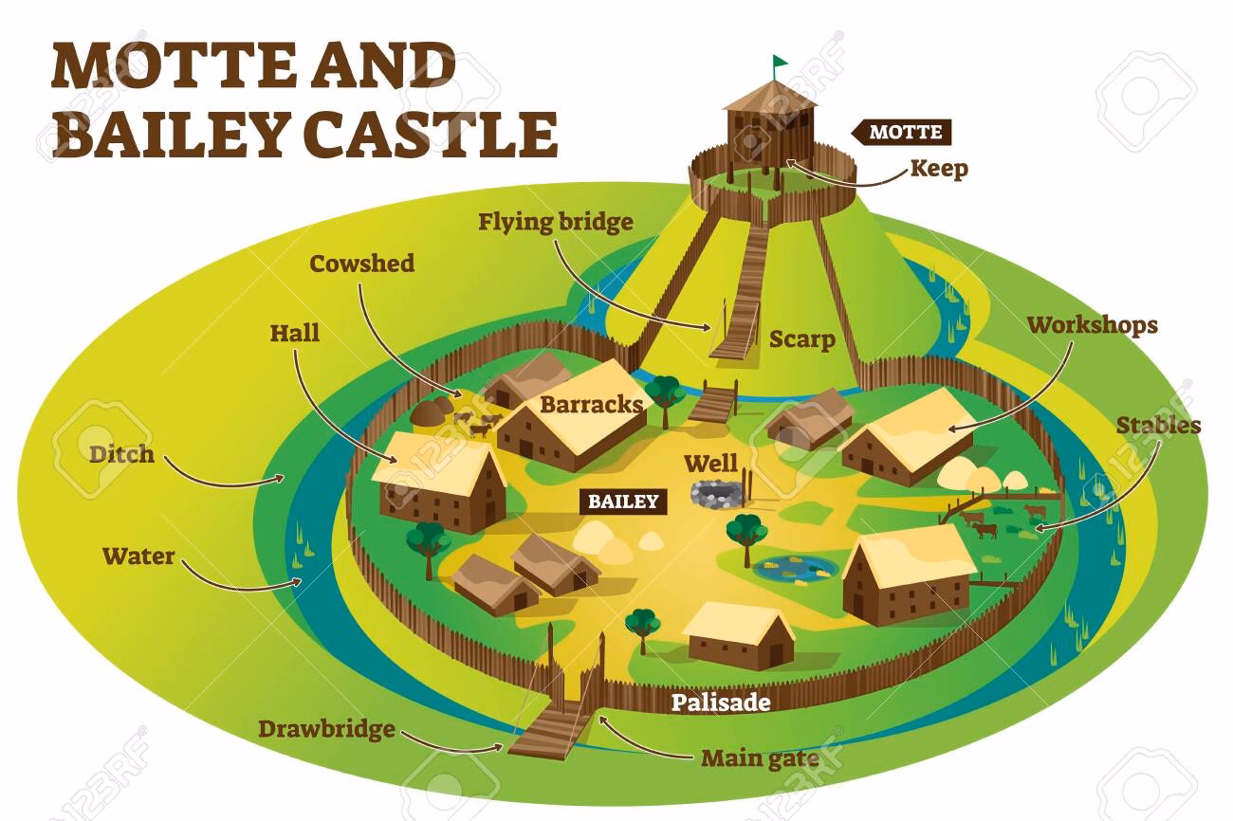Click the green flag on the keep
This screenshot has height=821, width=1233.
[x=780, y=63]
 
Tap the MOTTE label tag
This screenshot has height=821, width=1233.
[x=905, y=132]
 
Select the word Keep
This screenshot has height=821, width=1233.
[x=939, y=170]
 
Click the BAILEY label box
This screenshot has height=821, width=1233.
[x=622, y=502]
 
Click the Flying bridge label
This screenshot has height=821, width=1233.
[x=555, y=224]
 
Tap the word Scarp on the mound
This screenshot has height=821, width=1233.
[x=801, y=339]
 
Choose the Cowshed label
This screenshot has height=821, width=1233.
[x=362, y=264]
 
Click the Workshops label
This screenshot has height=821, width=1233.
[x=1093, y=325]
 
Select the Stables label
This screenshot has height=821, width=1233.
[x=1158, y=426]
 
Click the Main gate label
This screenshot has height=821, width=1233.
[x=759, y=758]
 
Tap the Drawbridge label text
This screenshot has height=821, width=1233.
[x=326, y=729]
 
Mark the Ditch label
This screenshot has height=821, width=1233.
[x=121, y=454]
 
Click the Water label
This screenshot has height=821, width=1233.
[x=138, y=556]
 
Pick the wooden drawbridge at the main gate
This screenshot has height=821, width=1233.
[x=543, y=732]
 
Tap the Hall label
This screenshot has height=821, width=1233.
[x=295, y=333]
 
